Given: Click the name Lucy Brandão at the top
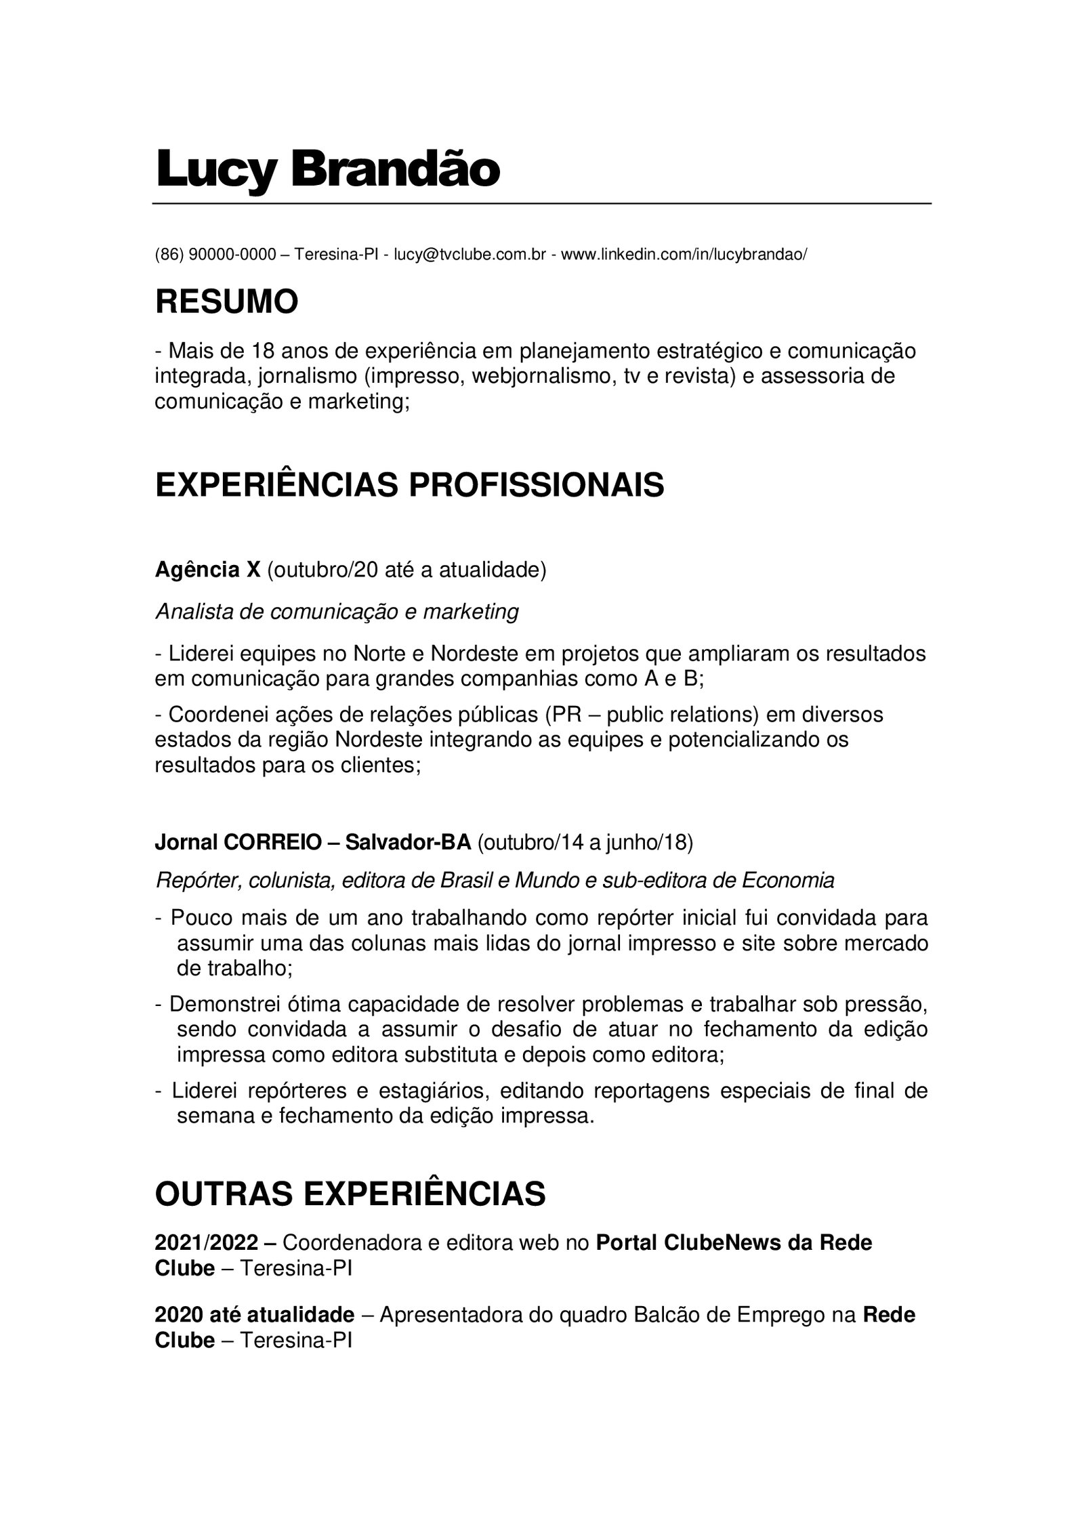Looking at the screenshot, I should click(x=327, y=171).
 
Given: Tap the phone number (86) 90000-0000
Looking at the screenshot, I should click(x=215, y=255).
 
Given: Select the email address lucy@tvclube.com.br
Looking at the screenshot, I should click(x=470, y=255).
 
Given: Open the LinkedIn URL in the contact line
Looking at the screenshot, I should click(x=684, y=255).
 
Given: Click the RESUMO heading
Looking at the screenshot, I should click(x=226, y=302).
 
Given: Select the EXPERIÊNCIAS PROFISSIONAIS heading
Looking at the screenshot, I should click(x=409, y=485).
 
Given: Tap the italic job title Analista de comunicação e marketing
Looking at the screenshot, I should click(x=337, y=612).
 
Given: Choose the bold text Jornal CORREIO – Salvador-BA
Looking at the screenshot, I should click(x=313, y=843).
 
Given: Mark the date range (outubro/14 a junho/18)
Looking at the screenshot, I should click(x=585, y=843).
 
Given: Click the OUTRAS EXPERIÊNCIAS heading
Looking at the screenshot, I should click(x=350, y=1194).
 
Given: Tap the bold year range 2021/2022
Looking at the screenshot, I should click(x=207, y=1242).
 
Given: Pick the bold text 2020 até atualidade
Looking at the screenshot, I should click(x=254, y=1315).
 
